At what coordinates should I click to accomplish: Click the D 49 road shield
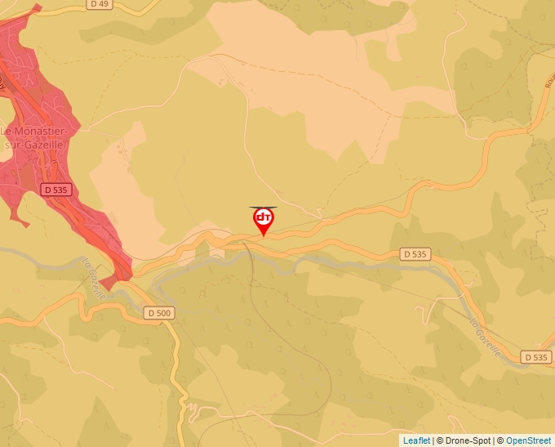(x=100, y=4)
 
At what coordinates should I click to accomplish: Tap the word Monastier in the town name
(x=40, y=130)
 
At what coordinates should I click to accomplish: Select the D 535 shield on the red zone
(x=55, y=190)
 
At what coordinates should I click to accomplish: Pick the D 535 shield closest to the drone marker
(x=415, y=254)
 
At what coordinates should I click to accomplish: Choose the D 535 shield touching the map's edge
(x=536, y=357)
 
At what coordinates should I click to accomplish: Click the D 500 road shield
(x=159, y=313)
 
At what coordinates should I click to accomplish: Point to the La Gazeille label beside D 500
(x=93, y=279)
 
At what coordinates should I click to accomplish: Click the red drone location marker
(x=264, y=219)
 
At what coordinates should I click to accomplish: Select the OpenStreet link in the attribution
(x=530, y=440)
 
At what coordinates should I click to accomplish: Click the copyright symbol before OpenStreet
(x=501, y=440)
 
